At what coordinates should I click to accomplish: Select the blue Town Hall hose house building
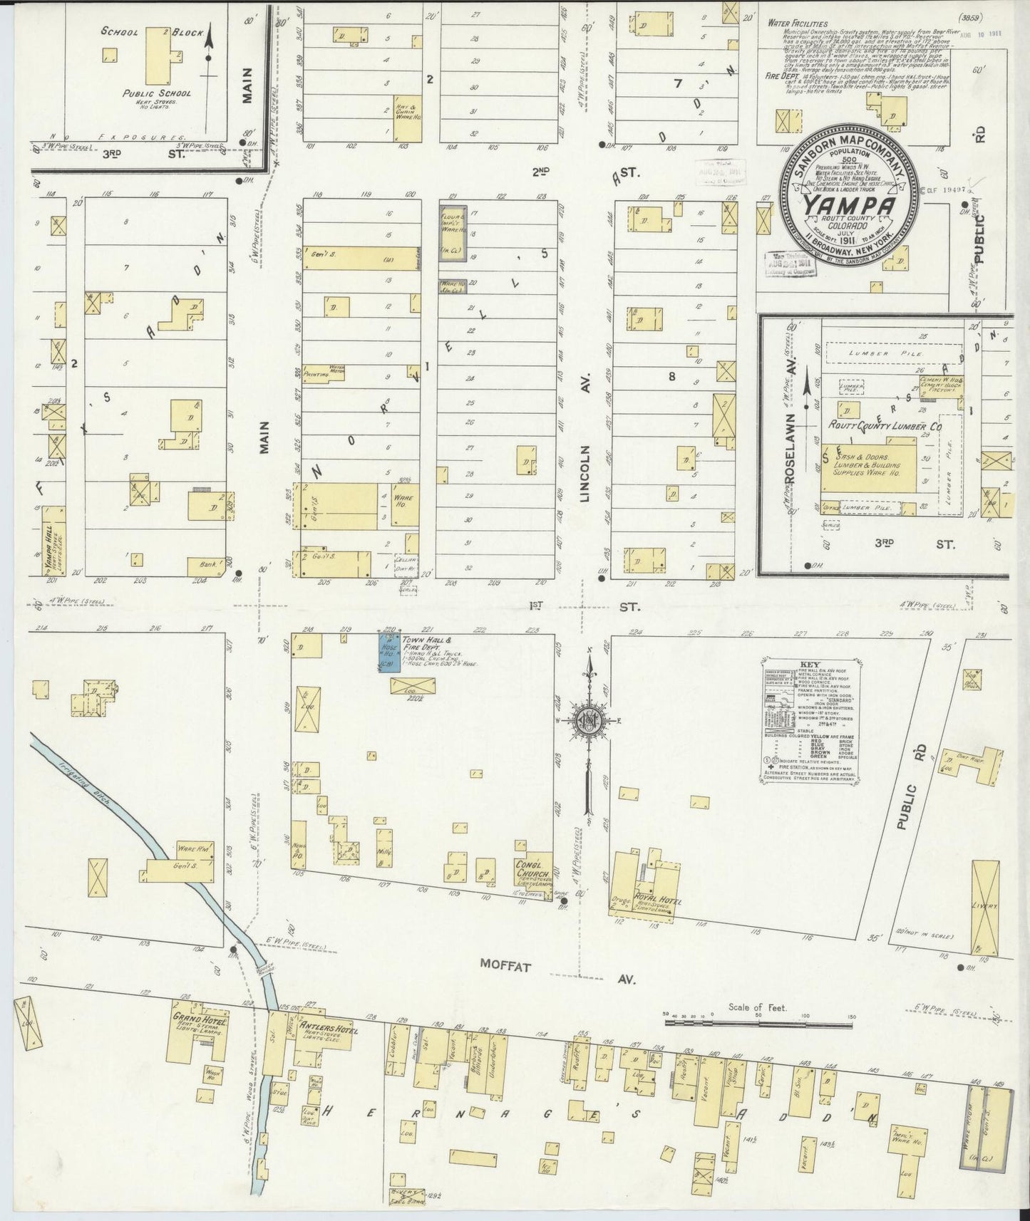click(387, 651)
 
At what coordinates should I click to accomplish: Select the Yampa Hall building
click(52, 541)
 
